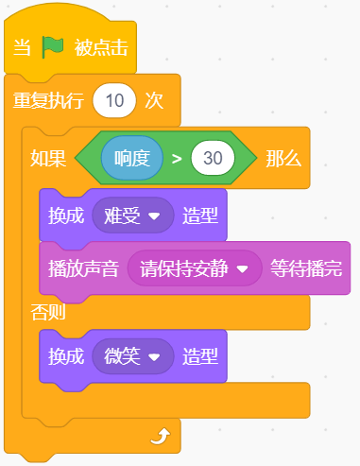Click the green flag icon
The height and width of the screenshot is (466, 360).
coord(53,47)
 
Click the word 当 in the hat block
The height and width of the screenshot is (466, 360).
coord(22,48)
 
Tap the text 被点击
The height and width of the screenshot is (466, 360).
coord(101,48)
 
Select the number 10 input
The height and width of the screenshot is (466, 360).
coord(114,101)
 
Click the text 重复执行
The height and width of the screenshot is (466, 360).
coord(48,101)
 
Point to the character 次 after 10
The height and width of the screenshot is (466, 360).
coord(154,101)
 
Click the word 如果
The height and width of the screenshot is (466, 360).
coord(48,158)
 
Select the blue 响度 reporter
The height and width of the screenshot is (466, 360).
coord(132,158)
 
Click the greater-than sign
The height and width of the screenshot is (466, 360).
coord(177,159)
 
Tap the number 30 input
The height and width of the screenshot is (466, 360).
coord(213,158)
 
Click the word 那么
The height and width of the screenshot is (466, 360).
coord(283,158)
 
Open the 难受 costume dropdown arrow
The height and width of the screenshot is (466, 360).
coord(154,216)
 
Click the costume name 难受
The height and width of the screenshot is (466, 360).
coord(122,216)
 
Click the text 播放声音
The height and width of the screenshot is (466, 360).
coord(83,268)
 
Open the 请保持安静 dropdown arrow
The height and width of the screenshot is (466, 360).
coord(243,269)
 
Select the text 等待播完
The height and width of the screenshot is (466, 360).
coord(306,268)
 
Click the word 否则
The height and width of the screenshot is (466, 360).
coord(48,313)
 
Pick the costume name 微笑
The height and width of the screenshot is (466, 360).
coord(122,356)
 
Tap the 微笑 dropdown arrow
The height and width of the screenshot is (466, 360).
coord(154,357)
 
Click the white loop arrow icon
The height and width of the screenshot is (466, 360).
coord(161,436)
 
